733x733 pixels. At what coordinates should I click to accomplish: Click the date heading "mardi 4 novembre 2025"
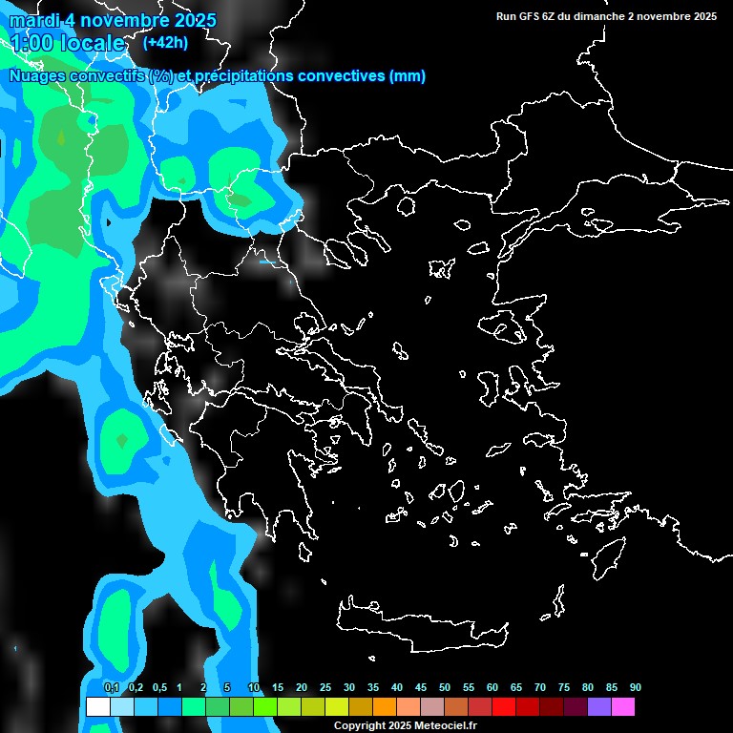113,20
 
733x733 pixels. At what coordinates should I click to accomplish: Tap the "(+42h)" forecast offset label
164,42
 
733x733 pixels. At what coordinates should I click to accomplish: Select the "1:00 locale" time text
67,43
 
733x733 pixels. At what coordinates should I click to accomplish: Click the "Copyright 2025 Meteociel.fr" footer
405,725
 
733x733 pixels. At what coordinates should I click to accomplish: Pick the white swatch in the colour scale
97,706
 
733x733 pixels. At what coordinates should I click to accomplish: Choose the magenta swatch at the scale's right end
623,706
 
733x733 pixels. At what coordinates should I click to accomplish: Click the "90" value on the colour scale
636,687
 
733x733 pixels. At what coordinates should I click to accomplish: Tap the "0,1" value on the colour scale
111,687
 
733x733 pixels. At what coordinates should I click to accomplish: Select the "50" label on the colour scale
445,687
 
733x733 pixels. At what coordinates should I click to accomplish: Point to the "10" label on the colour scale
254,687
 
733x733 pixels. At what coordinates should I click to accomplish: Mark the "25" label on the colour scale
325,687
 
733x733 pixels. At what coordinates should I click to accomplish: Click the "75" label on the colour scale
564,687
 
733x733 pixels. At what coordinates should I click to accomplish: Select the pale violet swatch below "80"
599,706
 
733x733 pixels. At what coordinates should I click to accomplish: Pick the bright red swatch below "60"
504,706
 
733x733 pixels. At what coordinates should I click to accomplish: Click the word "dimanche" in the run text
602,16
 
